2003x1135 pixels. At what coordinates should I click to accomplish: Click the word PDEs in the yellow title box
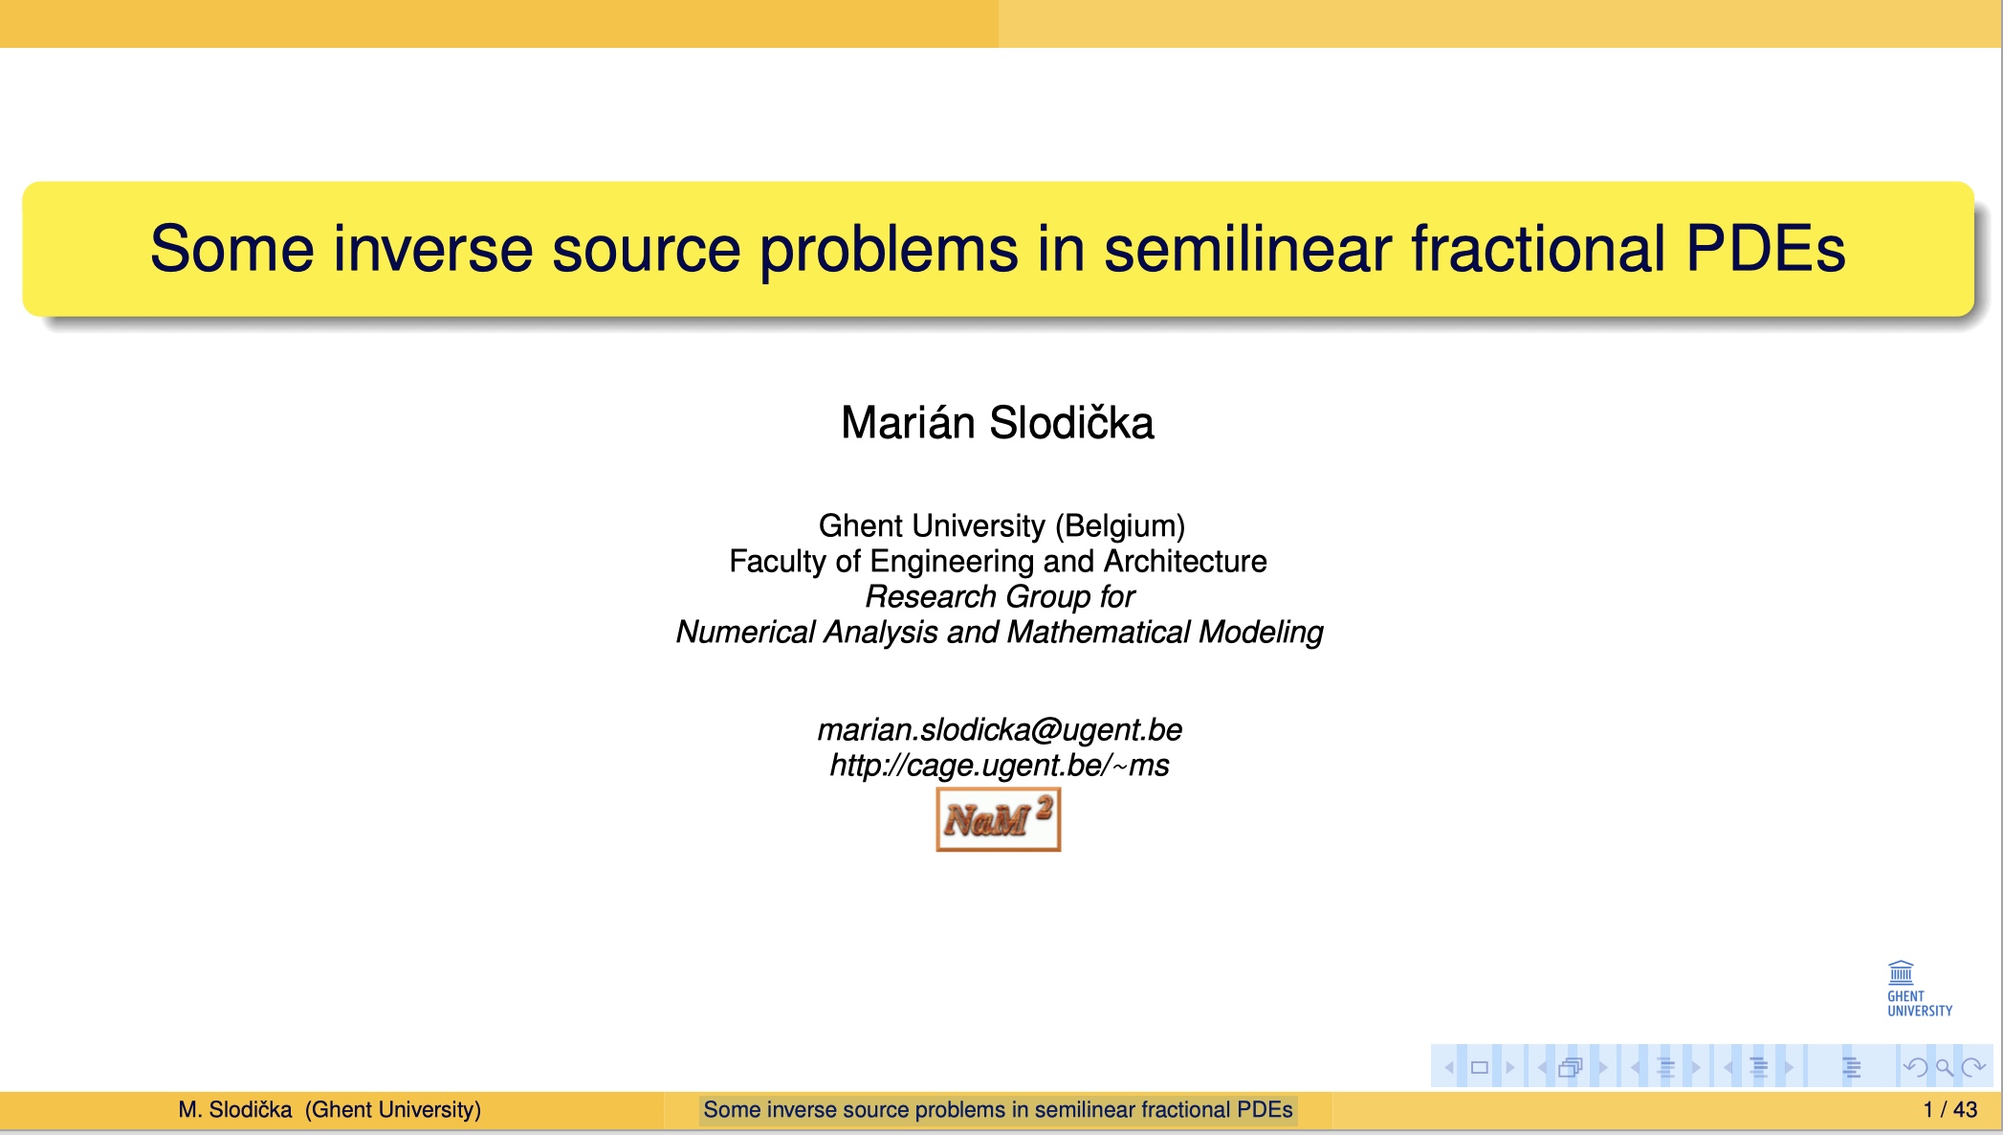[1765, 249]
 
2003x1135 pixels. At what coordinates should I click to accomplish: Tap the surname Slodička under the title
[1071, 423]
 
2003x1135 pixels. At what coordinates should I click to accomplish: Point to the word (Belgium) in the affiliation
[1120, 525]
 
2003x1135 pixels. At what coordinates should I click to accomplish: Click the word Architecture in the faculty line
[1185, 561]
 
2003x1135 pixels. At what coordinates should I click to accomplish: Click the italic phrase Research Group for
[1000, 596]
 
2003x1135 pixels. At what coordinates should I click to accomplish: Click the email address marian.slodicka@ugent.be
[1000, 729]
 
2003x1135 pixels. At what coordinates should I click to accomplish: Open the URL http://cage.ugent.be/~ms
[1000, 765]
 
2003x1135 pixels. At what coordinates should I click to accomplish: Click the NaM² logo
[999, 819]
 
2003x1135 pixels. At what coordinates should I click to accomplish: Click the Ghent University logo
[1918, 989]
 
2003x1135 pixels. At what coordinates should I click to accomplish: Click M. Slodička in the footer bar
[234, 1109]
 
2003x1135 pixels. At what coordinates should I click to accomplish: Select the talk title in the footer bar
[998, 1109]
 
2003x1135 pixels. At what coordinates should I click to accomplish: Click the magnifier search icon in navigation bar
[1944, 1067]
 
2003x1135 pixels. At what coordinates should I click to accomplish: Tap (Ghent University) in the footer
[393, 1109]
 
